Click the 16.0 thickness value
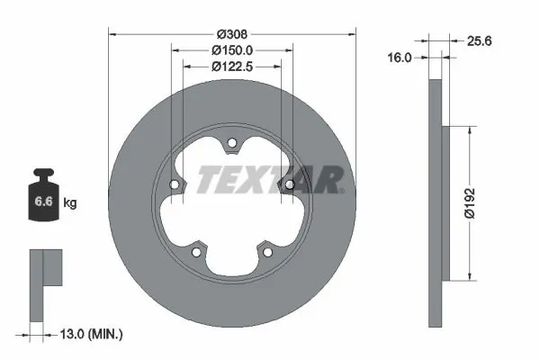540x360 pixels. (x=400, y=57)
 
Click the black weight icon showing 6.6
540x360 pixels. (x=44, y=201)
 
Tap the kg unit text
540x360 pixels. (x=70, y=204)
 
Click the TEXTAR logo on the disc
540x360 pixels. (x=269, y=180)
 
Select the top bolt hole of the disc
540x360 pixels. (x=231, y=142)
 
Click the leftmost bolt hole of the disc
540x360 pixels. (x=175, y=184)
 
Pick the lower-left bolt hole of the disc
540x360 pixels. (x=197, y=250)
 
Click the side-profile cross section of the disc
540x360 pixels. (x=436, y=202)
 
